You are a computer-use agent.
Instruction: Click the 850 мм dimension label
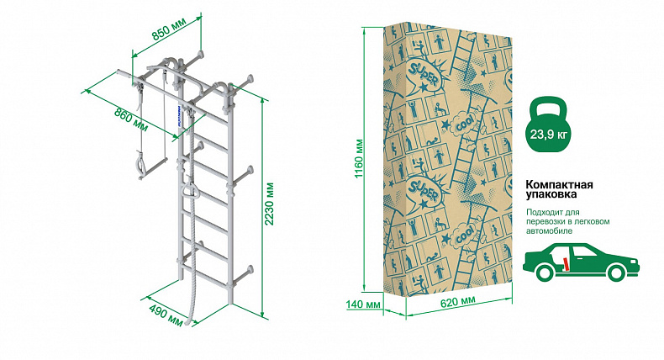click(x=169, y=32)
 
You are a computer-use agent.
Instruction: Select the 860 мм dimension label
click(x=131, y=119)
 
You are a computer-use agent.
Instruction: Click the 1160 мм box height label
click(x=359, y=159)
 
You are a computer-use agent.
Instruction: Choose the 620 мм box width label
click(x=458, y=302)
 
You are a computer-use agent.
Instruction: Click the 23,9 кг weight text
click(x=549, y=135)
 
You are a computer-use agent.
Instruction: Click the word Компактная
click(x=559, y=185)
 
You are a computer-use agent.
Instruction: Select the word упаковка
click(x=551, y=194)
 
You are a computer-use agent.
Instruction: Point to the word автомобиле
click(x=549, y=231)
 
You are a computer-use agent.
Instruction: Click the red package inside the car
click(x=566, y=263)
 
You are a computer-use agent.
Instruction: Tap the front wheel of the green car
click(x=615, y=272)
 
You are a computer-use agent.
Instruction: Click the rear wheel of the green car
click(x=545, y=272)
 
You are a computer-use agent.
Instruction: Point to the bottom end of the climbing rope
click(x=190, y=324)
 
